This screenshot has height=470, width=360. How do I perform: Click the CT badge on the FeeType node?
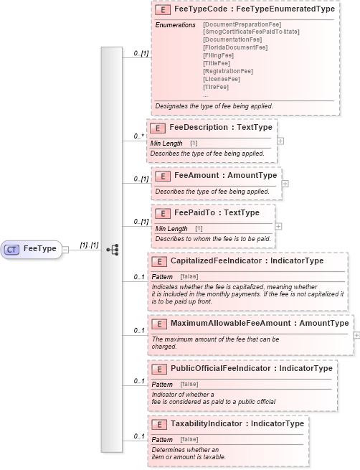[12, 249]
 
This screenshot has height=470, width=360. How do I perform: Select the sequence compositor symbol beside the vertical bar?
[112, 249]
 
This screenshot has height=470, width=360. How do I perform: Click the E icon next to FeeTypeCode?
[163, 10]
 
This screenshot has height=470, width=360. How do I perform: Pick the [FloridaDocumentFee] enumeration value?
[235, 48]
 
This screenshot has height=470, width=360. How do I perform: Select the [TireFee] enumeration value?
[216, 87]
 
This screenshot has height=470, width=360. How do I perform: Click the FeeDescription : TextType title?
[221, 127]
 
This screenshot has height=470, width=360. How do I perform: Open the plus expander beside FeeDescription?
[280, 140]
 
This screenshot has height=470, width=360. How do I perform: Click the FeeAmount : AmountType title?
[225, 176]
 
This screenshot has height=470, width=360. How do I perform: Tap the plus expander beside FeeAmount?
[285, 184]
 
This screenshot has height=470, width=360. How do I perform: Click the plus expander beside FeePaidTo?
[279, 226]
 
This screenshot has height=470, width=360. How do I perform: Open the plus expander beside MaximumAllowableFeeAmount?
[356, 334]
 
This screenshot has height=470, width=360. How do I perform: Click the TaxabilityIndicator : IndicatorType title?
[237, 423]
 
